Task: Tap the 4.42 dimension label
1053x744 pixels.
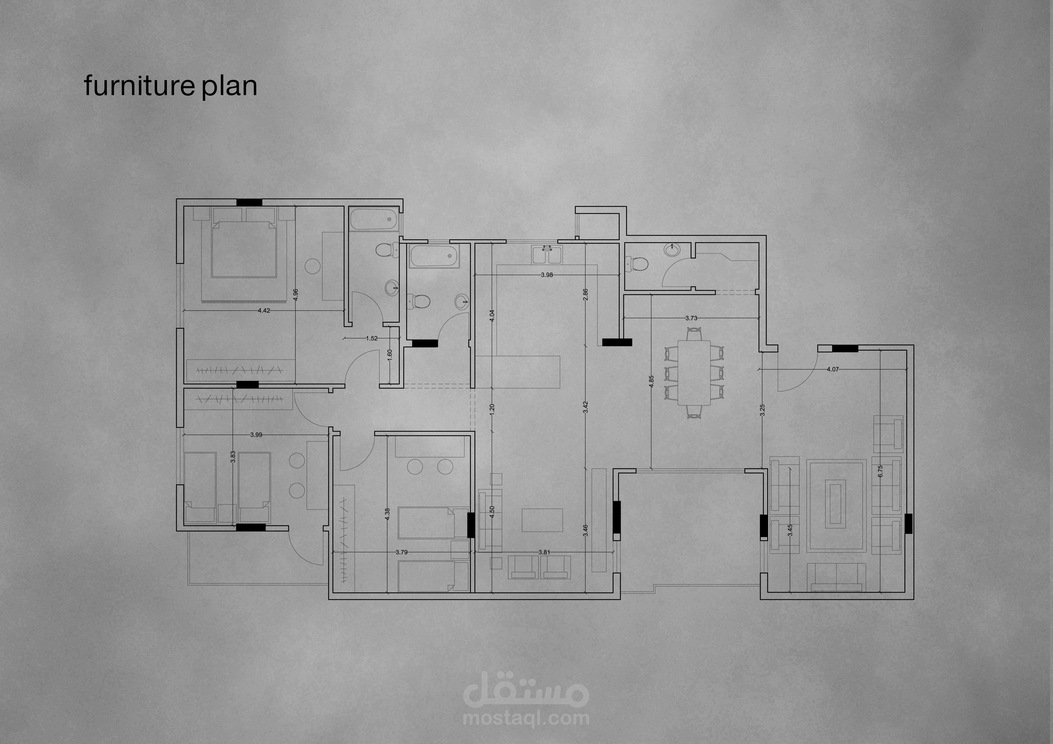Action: click(x=264, y=310)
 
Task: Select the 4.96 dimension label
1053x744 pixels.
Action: click(x=295, y=295)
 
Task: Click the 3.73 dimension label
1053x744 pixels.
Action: click(x=691, y=318)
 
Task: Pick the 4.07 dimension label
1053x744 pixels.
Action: click(x=832, y=369)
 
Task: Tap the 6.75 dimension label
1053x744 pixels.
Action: click(x=880, y=472)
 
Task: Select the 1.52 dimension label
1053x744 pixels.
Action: click(x=372, y=338)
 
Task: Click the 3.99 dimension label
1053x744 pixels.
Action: click(x=256, y=435)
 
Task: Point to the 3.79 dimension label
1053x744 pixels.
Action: click(x=401, y=552)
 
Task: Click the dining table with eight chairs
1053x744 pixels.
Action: click(x=694, y=372)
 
